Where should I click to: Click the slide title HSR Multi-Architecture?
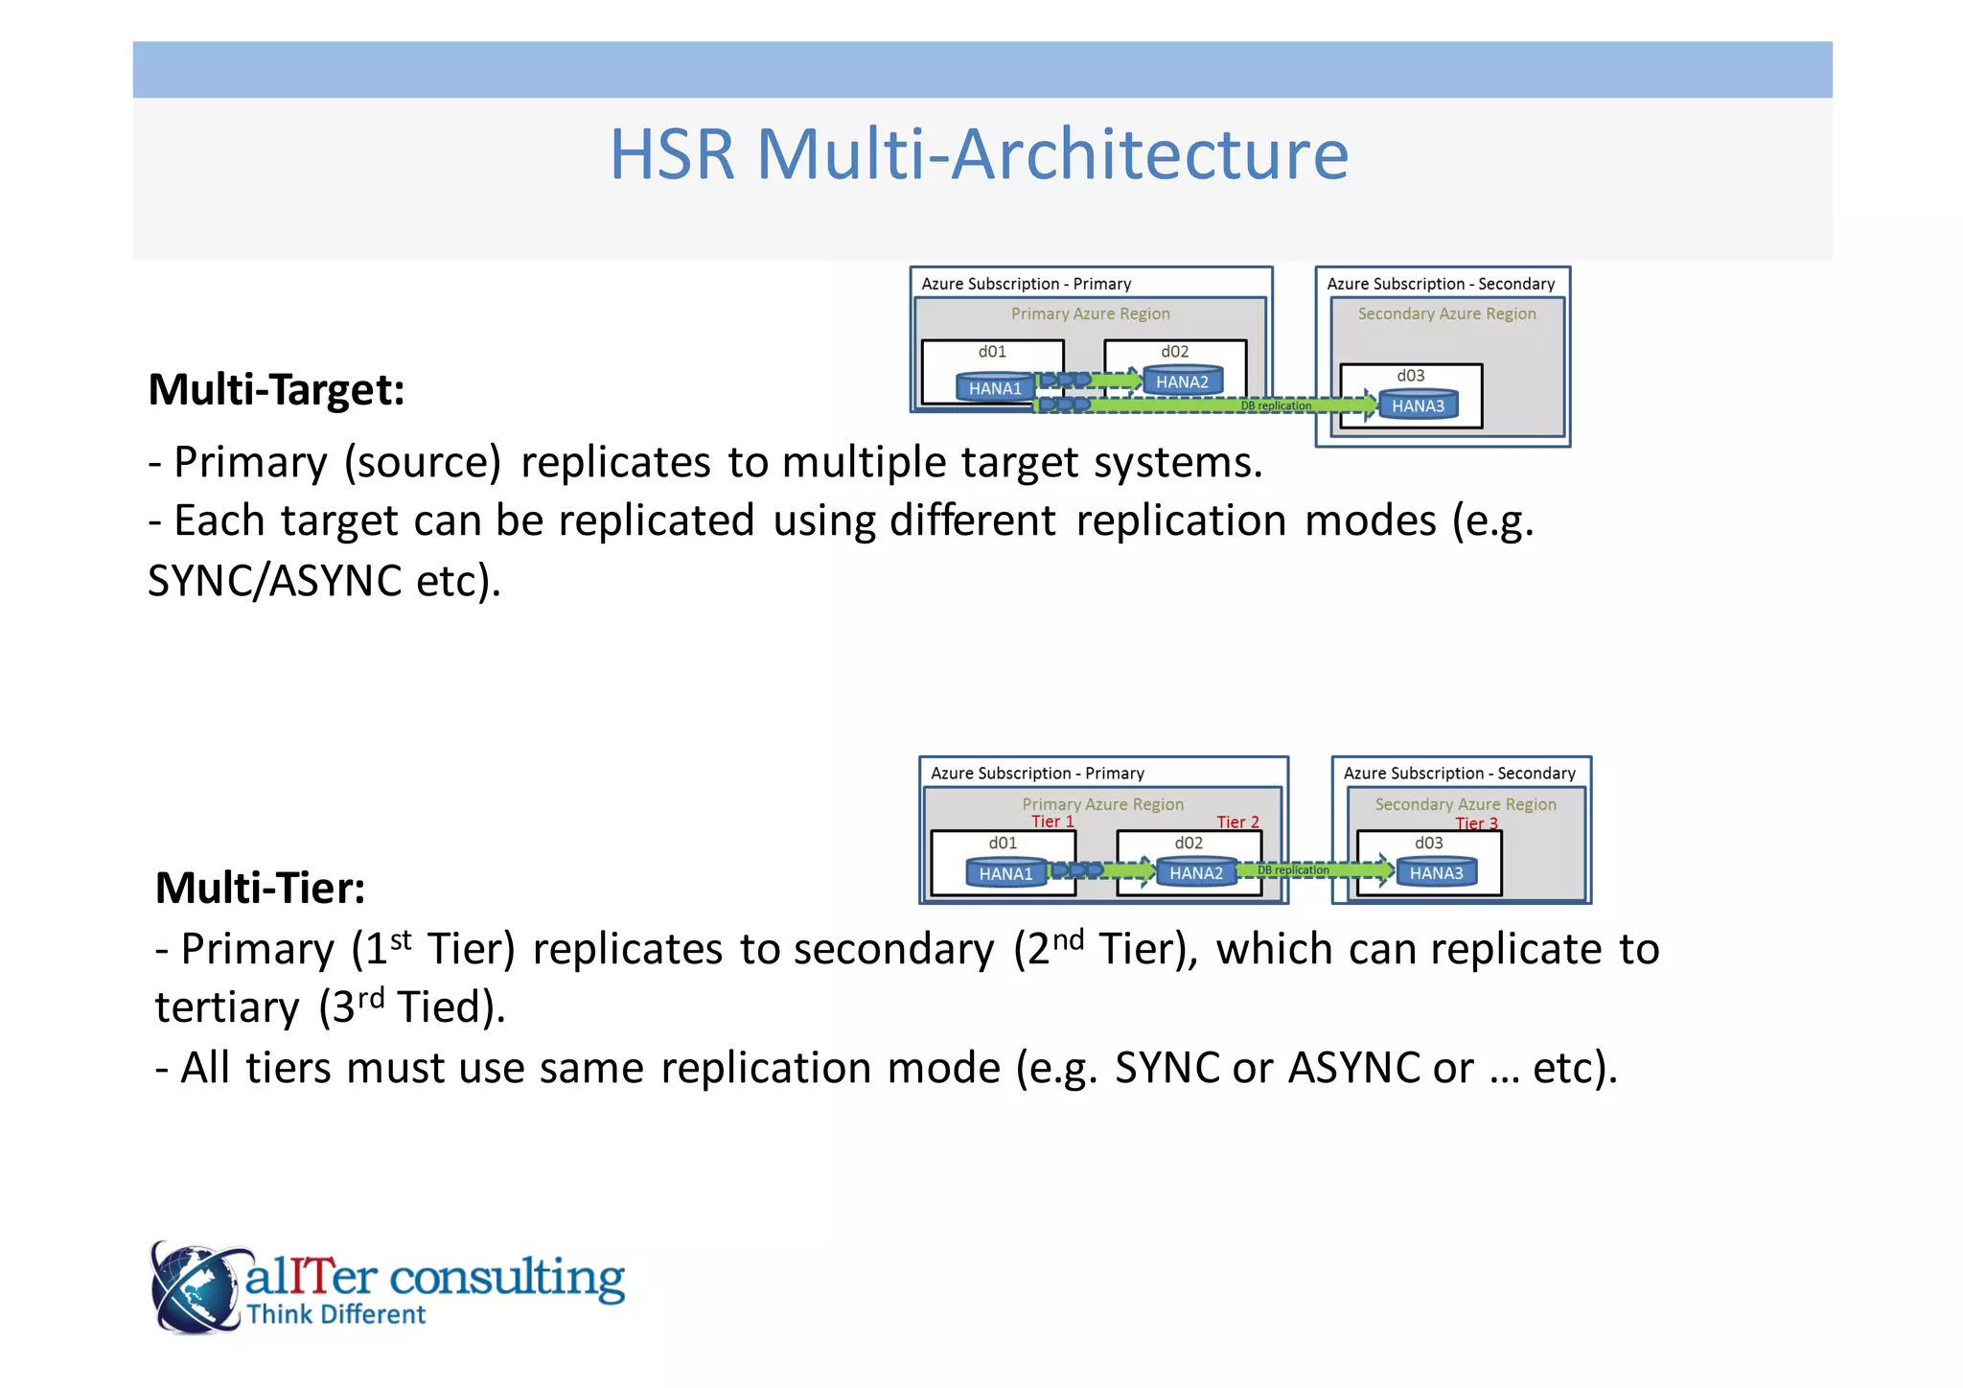point(979,154)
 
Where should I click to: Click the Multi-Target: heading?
point(276,390)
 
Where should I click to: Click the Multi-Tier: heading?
point(260,888)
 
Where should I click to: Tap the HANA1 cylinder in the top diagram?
point(995,387)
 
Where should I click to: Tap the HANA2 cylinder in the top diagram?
point(1182,382)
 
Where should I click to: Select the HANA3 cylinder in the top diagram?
point(1418,405)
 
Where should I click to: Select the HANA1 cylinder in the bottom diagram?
point(1005,873)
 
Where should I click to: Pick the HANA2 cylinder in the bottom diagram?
point(1195,872)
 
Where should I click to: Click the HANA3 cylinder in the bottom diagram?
point(1436,872)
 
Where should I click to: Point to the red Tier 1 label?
point(1052,821)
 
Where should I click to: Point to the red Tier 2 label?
point(1237,822)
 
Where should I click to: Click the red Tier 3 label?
point(1476,823)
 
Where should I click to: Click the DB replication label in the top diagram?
point(1276,406)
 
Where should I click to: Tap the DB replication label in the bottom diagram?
point(1293,870)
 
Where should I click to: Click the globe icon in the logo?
point(195,1287)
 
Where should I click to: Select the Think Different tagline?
point(335,1314)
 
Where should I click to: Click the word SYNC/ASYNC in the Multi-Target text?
point(274,582)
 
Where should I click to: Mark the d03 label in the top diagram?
point(1410,376)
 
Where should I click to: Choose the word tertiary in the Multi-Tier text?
point(227,1008)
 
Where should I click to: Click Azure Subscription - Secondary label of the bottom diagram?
point(1459,774)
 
